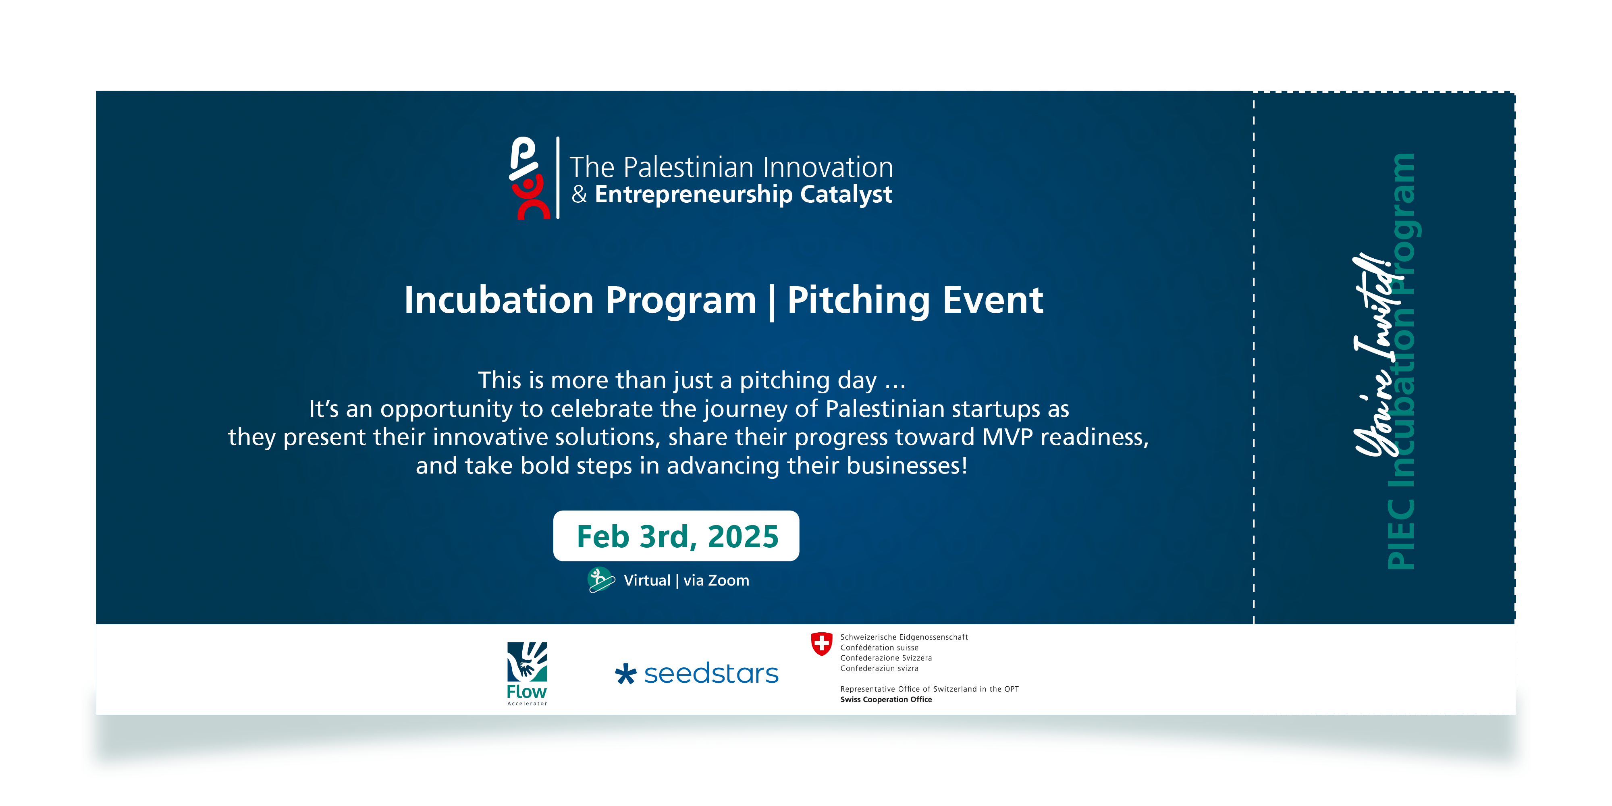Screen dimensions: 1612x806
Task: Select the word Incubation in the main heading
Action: coord(499,300)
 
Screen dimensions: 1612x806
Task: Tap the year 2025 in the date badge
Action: coord(744,536)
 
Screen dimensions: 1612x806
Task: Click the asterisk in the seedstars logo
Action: coord(625,674)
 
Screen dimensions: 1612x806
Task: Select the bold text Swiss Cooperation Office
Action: coord(886,700)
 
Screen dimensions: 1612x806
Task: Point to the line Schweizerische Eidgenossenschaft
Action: coord(904,637)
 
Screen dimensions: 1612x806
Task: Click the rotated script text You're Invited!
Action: coord(1375,355)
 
